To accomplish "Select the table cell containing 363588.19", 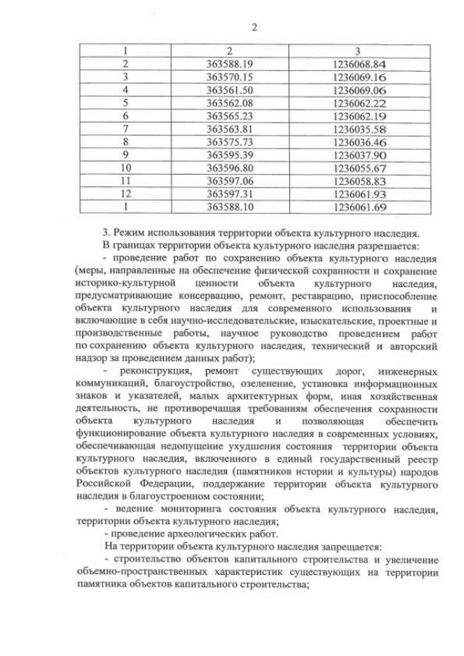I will click(x=229, y=64).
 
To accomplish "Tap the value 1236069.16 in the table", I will click(x=359, y=77).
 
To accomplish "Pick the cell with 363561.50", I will click(x=229, y=89).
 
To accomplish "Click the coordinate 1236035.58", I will click(x=359, y=128).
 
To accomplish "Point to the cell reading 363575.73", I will click(x=229, y=141).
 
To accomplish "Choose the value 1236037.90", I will click(x=359, y=154).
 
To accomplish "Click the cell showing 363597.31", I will click(x=229, y=194).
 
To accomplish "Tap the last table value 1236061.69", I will click(x=359, y=207).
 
